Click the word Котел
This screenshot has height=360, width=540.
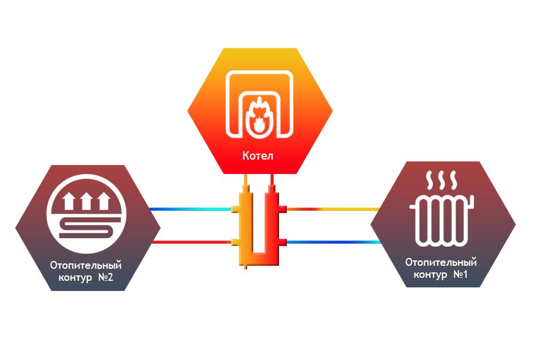(x=258, y=156)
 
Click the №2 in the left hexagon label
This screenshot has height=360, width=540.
(x=104, y=278)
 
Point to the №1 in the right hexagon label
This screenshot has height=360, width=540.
(x=460, y=275)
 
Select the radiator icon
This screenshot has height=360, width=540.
(x=442, y=220)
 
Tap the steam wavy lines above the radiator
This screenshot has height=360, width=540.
(x=441, y=179)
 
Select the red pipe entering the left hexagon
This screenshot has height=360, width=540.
(x=192, y=242)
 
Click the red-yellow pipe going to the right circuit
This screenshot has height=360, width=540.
(x=333, y=209)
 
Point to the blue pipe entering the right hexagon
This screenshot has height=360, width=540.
(x=333, y=242)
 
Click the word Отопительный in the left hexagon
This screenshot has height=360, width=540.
(x=86, y=265)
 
